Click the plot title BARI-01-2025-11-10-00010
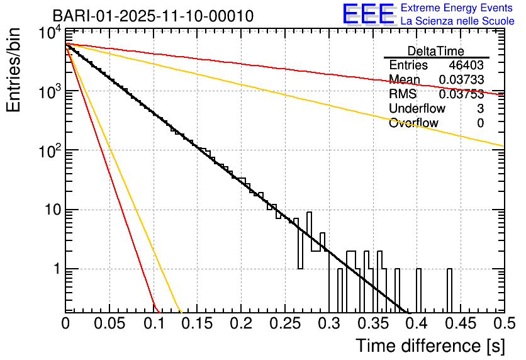(x=153, y=16)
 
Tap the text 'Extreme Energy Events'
(x=457, y=8)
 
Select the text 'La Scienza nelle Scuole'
(x=457, y=21)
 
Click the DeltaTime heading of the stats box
(x=436, y=51)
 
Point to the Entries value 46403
(x=466, y=65)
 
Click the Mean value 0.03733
(x=461, y=80)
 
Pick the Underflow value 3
(x=480, y=109)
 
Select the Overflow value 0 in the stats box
(x=480, y=123)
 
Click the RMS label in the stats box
(x=403, y=94)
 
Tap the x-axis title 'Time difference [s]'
(x=429, y=346)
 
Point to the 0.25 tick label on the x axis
(x=284, y=323)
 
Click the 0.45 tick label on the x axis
(x=460, y=323)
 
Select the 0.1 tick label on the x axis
(x=153, y=323)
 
